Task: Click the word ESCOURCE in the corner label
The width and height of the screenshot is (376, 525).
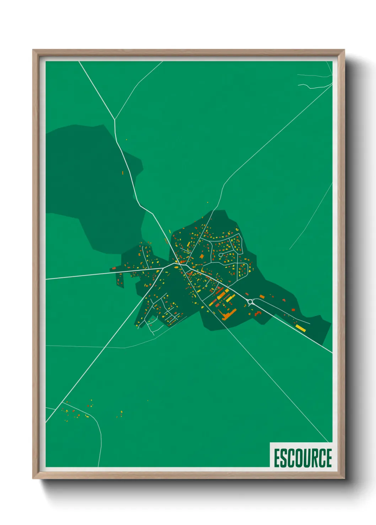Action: (x=302, y=458)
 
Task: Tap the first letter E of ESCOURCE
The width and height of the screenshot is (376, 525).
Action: (x=277, y=458)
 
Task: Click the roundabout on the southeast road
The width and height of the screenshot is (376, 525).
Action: (x=250, y=302)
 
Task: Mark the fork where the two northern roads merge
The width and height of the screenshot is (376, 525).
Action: (x=114, y=120)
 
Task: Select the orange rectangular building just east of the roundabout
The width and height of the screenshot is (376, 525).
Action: (x=262, y=297)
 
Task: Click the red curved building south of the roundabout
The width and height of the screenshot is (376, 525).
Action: (x=258, y=313)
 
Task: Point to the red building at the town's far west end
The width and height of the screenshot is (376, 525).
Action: (x=114, y=268)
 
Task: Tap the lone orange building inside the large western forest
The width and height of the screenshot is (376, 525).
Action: (x=123, y=173)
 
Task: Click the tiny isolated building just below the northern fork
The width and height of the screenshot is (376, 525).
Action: (x=126, y=140)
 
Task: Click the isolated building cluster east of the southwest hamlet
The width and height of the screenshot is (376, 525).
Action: (x=120, y=414)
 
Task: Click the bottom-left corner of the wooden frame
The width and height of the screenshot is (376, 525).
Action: (x=34, y=478)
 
